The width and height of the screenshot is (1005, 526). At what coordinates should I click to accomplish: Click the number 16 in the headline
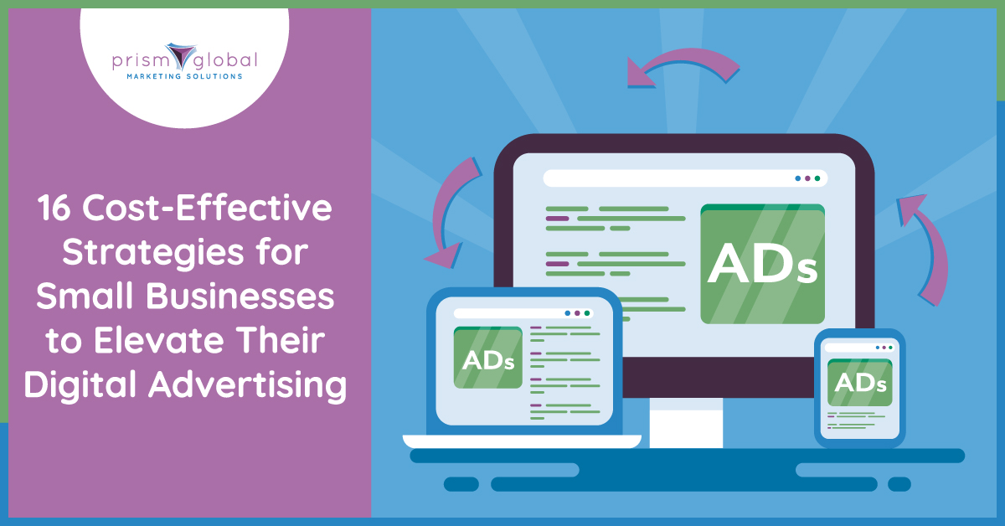(x=54, y=208)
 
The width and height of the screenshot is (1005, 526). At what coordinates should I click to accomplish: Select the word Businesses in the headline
(x=240, y=297)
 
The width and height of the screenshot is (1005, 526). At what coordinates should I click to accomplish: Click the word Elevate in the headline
(x=158, y=341)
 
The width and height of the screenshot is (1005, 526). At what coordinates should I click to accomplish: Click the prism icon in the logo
(x=181, y=56)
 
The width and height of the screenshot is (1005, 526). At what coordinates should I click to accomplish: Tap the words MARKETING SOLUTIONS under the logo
(x=185, y=76)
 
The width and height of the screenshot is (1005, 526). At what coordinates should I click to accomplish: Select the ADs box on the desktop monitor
(x=762, y=264)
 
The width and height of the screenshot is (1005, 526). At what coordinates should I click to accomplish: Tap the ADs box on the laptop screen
(x=487, y=358)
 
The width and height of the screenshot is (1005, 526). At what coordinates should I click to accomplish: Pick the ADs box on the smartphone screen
(x=859, y=383)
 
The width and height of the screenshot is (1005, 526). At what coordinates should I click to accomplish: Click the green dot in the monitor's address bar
(x=817, y=178)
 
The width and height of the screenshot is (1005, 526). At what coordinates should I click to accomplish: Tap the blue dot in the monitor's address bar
(x=797, y=178)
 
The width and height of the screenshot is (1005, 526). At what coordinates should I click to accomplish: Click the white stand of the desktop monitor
(x=686, y=423)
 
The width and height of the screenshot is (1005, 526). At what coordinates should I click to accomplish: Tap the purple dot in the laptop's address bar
(x=577, y=313)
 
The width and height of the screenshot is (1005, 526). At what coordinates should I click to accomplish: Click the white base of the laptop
(x=522, y=441)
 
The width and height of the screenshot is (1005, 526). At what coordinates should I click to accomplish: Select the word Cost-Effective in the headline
(x=208, y=208)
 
